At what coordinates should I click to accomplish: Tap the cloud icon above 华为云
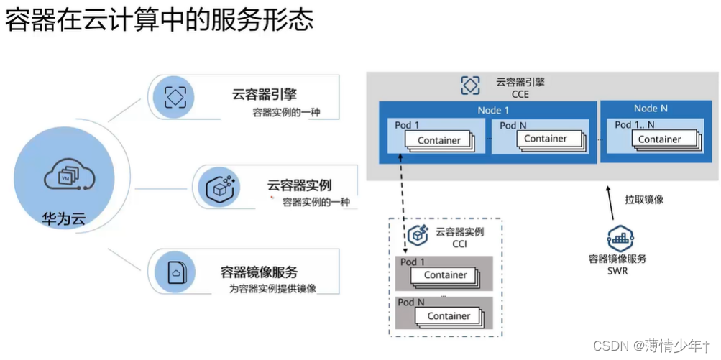70,175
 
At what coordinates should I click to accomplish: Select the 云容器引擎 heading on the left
265,93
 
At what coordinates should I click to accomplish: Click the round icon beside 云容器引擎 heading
175,96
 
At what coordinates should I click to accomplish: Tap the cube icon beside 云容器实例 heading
219,188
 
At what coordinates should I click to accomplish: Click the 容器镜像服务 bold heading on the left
259,272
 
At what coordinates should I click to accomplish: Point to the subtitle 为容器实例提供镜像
273,289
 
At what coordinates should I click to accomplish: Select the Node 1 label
493,110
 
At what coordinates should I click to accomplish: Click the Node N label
651,109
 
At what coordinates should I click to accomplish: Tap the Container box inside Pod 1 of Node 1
438,140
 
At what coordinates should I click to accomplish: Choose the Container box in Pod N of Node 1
545,139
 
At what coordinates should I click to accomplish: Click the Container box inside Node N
659,139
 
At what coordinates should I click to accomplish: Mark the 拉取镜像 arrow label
643,199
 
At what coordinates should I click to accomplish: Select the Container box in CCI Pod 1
445,274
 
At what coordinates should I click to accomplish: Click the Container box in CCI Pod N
449,315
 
